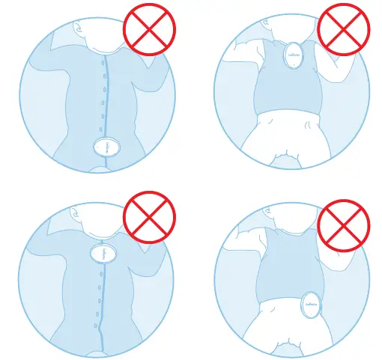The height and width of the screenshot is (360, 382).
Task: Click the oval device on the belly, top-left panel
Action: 107,146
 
